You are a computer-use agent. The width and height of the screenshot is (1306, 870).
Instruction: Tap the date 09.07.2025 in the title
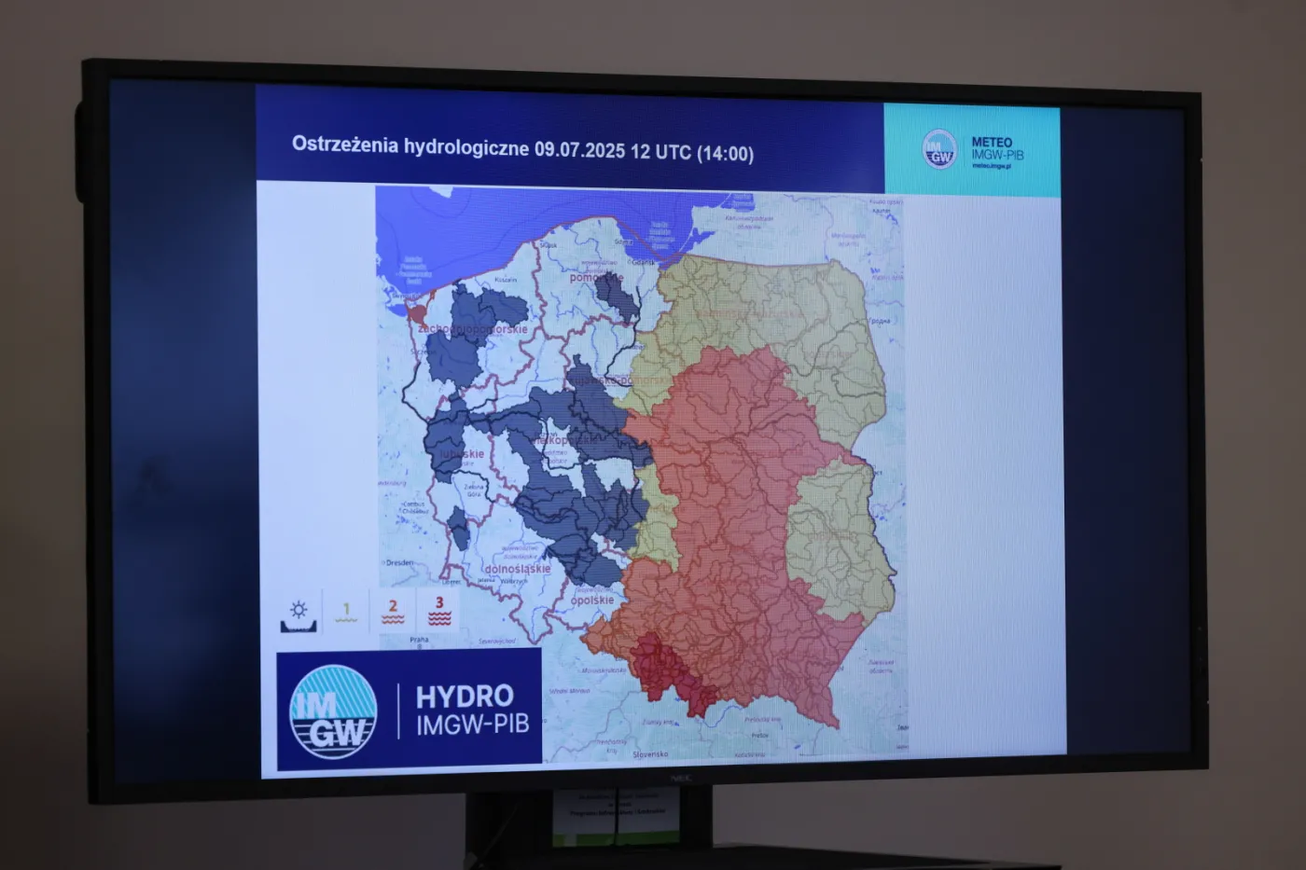pyautogui.click(x=578, y=150)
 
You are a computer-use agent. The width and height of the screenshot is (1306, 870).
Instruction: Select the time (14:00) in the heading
pyautogui.click(x=725, y=154)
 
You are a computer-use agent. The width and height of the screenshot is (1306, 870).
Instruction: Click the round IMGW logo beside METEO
pyautogui.click(x=939, y=150)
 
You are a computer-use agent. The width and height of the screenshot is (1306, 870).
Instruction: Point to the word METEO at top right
pyautogui.click(x=992, y=143)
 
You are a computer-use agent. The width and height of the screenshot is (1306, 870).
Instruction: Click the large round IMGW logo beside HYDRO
pyautogui.click(x=333, y=711)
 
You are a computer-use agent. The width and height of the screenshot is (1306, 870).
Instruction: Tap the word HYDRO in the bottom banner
pyautogui.click(x=465, y=697)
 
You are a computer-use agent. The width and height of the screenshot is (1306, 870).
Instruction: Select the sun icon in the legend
pyautogui.click(x=299, y=612)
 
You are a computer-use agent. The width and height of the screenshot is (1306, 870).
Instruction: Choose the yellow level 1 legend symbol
pyautogui.click(x=346, y=612)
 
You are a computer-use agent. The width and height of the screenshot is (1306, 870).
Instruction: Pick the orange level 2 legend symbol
pyautogui.click(x=393, y=612)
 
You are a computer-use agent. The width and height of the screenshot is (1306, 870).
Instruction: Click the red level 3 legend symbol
pyautogui.click(x=439, y=612)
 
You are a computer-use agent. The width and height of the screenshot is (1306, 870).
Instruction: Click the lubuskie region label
pyautogui.click(x=464, y=455)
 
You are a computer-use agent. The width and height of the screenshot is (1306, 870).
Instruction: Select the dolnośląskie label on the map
pyautogui.click(x=518, y=569)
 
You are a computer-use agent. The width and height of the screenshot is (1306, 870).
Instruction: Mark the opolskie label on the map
pyautogui.click(x=592, y=601)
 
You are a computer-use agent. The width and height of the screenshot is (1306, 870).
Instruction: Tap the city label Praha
pyautogui.click(x=419, y=640)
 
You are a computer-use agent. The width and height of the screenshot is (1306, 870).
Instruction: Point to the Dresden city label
pyautogui.click(x=399, y=563)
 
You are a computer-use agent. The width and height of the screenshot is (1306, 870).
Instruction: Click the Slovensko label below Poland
pyautogui.click(x=649, y=753)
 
